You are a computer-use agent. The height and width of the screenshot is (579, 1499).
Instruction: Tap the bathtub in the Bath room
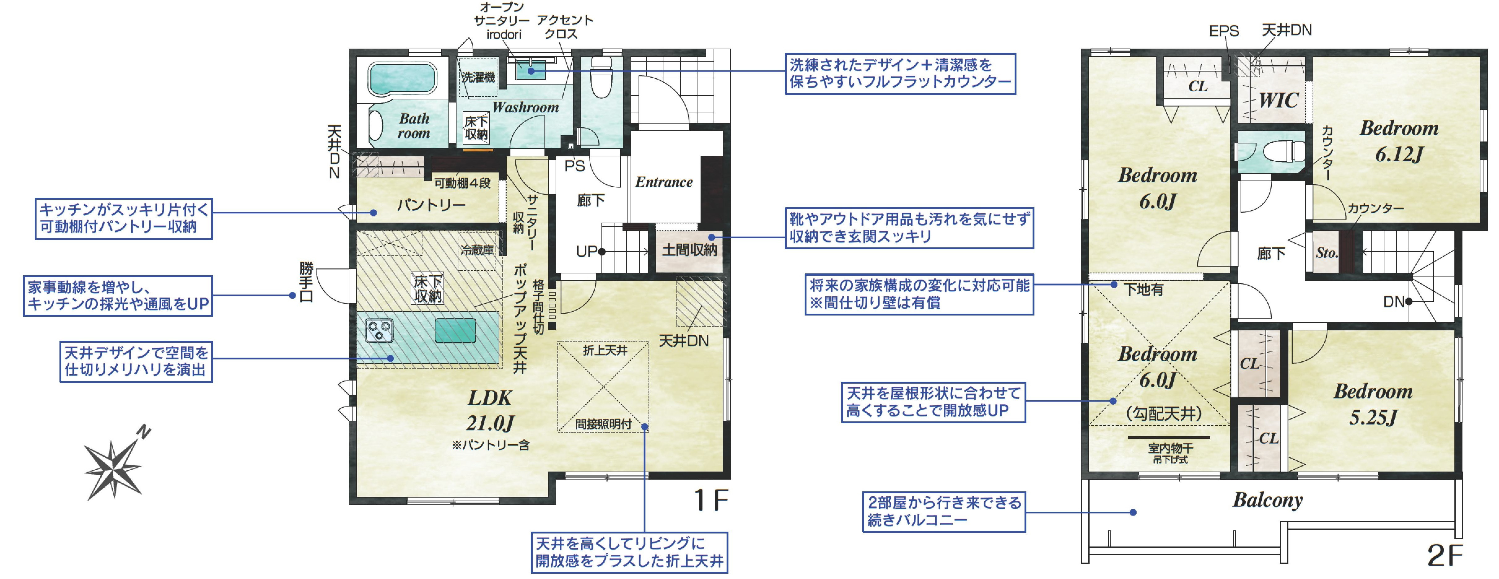click(401, 79)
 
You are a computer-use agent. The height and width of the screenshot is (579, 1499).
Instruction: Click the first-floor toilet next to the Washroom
click(601, 79)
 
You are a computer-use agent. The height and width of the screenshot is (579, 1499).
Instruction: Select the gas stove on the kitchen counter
click(379, 330)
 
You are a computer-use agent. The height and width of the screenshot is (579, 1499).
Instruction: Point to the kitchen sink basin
click(455, 330)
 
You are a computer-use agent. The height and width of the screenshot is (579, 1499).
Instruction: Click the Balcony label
click(1267, 500)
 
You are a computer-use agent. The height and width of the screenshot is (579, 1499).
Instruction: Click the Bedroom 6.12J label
click(1399, 141)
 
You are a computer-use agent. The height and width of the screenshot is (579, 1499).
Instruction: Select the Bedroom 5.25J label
click(1373, 404)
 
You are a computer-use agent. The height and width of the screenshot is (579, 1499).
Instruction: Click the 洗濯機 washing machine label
click(478, 77)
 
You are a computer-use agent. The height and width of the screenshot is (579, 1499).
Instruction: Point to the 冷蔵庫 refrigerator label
click(477, 250)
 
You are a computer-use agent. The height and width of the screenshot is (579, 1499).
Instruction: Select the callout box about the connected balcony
click(943, 511)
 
